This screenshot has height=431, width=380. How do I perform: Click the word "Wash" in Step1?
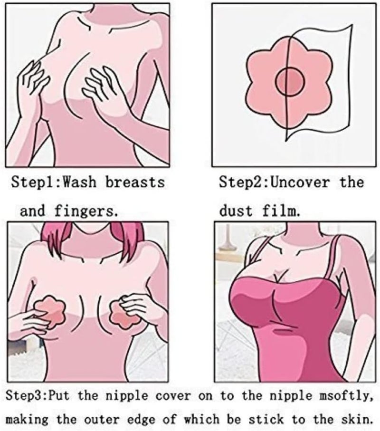coord(79,182)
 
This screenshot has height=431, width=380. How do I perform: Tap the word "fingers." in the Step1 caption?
coord(86,211)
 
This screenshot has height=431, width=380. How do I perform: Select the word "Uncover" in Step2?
coord(300,182)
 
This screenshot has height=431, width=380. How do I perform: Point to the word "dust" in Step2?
coord(236,211)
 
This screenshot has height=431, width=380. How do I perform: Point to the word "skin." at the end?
coord(357,420)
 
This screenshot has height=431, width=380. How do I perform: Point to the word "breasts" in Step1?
coord(135,182)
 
